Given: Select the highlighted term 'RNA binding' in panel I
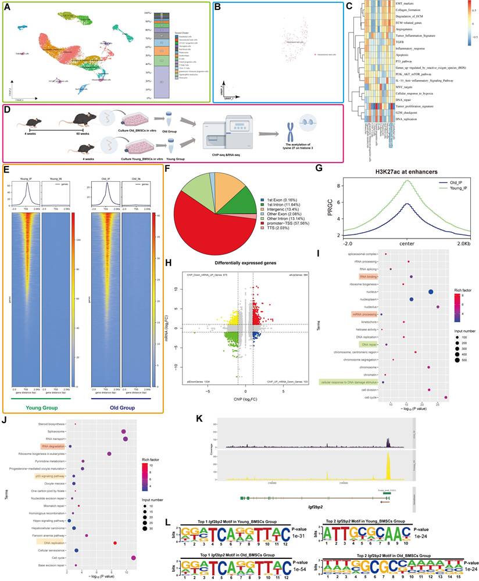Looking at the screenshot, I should click(369, 278).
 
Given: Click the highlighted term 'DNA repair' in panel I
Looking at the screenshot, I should click(369, 344).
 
